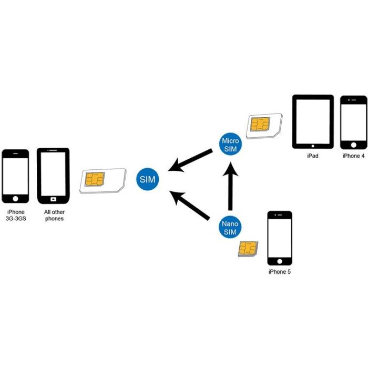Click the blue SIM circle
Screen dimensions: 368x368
coord(147,180)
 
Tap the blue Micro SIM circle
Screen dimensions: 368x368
coord(230,145)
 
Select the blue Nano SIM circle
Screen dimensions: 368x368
coord(230,227)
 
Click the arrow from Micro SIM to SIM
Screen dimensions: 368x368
coord(190,160)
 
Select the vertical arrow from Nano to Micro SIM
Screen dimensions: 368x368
coord(230,186)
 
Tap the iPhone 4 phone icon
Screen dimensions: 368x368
coord(353,122)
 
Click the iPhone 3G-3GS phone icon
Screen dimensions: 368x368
coord(15,176)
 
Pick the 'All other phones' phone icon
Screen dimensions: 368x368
coord(53,176)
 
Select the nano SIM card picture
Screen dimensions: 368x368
coord(248,248)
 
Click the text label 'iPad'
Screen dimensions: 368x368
coord(313,156)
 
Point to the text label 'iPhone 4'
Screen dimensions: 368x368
coord(353,156)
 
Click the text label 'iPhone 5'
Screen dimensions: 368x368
coord(279,272)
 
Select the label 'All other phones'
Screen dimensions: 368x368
coord(54,215)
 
